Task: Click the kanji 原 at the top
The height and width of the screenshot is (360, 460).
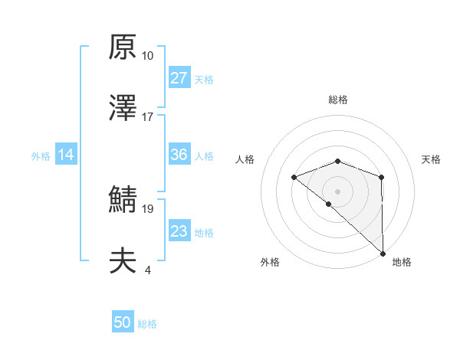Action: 123,47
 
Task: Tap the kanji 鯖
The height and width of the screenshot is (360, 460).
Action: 123,199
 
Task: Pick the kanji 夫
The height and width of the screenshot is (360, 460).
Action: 123,260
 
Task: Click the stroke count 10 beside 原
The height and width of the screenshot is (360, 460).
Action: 147,56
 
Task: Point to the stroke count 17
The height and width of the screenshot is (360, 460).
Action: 147,117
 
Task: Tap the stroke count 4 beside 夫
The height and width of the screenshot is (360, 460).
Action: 147,270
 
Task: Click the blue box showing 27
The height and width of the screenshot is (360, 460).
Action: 179,78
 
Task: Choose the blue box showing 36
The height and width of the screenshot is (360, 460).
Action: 179,155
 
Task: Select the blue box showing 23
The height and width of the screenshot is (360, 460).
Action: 179,231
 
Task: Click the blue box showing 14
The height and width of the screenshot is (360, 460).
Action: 66,155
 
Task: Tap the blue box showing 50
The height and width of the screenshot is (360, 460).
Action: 123,323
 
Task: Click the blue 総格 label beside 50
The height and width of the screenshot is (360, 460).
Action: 147,324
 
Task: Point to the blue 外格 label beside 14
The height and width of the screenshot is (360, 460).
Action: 41,156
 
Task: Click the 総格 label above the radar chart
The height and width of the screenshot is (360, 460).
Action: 338,100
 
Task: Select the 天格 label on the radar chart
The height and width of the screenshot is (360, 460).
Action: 432,159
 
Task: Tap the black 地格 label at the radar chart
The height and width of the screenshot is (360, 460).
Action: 402,262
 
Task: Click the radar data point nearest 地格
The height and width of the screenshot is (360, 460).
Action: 383,253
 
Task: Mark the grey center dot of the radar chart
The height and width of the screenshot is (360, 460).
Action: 338,191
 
